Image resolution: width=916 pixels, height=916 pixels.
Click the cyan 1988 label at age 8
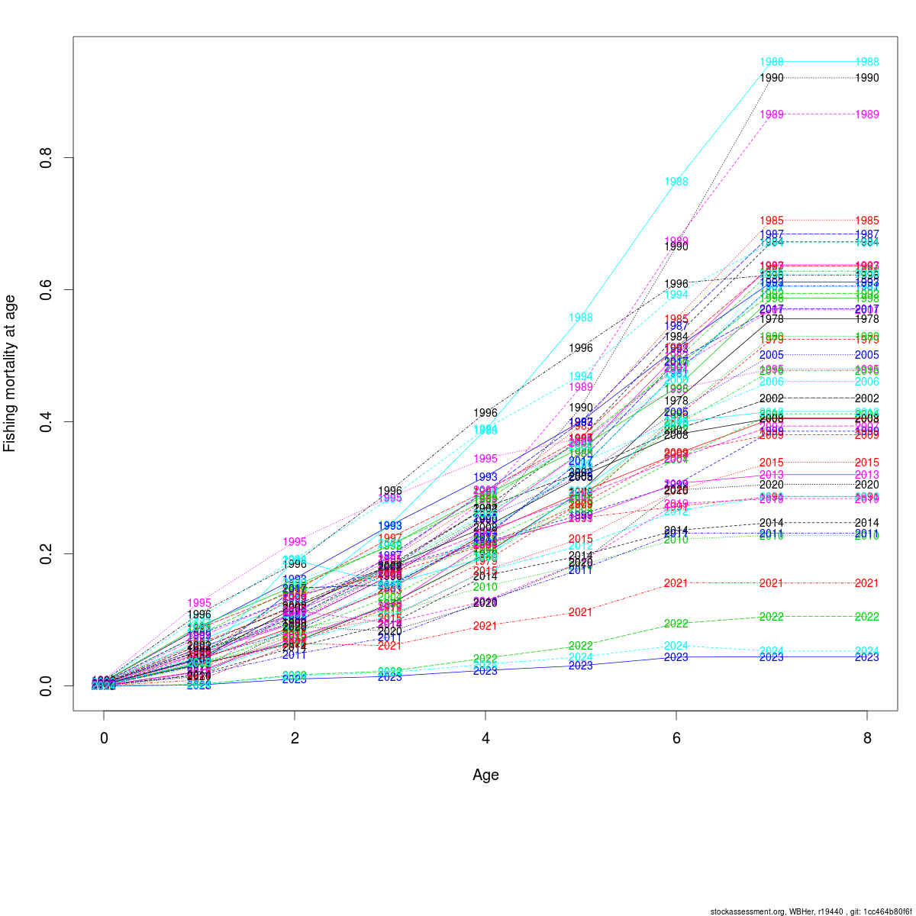pyautogui.click(x=866, y=62)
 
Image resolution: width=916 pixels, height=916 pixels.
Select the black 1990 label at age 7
pyautogui.click(x=772, y=78)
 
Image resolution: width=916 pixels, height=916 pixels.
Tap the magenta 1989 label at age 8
pyautogui.click(x=866, y=114)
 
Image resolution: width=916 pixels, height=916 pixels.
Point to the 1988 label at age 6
pyautogui.click(x=676, y=182)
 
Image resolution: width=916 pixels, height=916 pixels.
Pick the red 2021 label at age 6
pyautogui.click(x=676, y=583)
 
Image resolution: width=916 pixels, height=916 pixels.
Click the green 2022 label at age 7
pyautogui.click(x=772, y=617)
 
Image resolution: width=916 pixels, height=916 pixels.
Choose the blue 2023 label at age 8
pyautogui.click(x=866, y=657)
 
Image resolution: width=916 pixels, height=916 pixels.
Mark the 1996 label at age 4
pyautogui.click(x=485, y=413)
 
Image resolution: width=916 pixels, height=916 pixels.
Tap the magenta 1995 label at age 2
pyautogui.click(x=295, y=542)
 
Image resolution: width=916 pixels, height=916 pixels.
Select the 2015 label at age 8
pyautogui.click(x=866, y=463)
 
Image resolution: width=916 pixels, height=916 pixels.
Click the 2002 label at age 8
pyautogui.click(x=866, y=398)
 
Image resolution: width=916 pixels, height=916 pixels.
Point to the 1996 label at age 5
pyautogui.click(x=581, y=348)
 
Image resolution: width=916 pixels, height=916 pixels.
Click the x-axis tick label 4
pyautogui.click(x=485, y=739)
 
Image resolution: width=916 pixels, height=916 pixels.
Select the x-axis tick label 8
pyautogui.click(x=866, y=739)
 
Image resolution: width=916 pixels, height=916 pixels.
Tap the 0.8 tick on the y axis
pyautogui.click(x=46, y=158)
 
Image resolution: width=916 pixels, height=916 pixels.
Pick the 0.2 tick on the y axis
pyautogui.click(x=46, y=553)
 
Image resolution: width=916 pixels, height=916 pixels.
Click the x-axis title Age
pyautogui.click(x=485, y=775)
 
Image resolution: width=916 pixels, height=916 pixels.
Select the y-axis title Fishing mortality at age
pyautogui.click(x=10, y=373)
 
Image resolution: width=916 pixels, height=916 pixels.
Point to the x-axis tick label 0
pyautogui.click(x=104, y=739)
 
